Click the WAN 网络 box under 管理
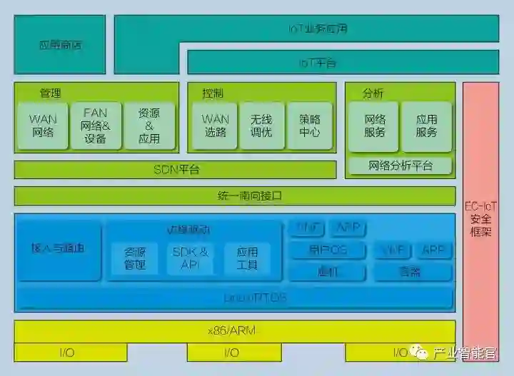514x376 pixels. (x=43, y=126)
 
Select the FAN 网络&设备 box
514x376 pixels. (x=96, y=126)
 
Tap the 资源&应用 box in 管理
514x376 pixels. (x=149, y=126)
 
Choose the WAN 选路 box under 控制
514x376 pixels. (x=216, y=126)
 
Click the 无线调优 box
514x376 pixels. (x=261, y=126)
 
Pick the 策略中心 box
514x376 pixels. (x=310, y=126)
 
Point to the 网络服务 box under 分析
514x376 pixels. (x=375, y=126)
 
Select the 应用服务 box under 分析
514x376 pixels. (x=426, y=126)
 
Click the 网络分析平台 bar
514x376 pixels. (x=400, y=166)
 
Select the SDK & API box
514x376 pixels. (x=190, y=258)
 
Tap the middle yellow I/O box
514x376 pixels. (x=231, y=352)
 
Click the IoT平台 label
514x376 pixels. (x=318, y=63)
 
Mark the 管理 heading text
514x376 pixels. (x=50, y=93)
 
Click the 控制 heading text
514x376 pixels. (x=213, y=93)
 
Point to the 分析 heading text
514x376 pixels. (x=373, y=93)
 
